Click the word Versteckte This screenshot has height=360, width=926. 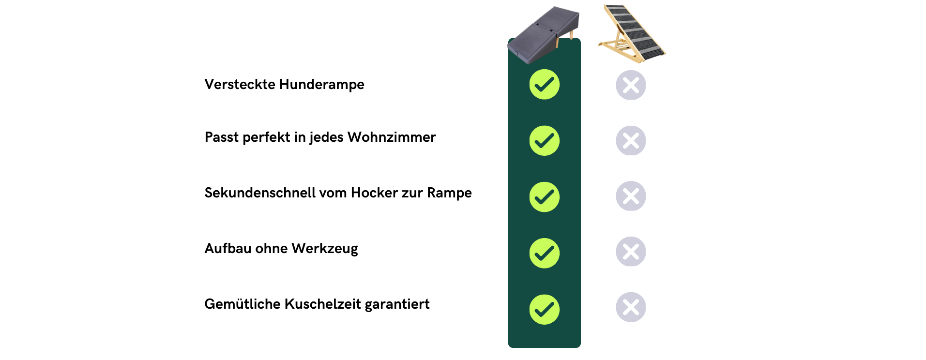tap(240, 84)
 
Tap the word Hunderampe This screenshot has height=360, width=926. tap(322, 85)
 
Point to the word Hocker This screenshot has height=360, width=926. tap(374, 193)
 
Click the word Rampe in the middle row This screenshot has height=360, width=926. tap(449, 193)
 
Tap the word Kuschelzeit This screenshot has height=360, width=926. tap(323, 304)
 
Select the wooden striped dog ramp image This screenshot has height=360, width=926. tap(632, 33)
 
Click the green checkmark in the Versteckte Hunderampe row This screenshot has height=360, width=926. tap(544, 85)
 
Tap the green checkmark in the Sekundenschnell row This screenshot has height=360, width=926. tap(544, 197)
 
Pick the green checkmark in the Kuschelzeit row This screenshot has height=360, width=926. tap(544, 309)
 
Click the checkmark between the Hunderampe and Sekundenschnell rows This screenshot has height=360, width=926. tap(544, 141)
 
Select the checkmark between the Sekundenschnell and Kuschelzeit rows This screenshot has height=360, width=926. tap(544, 253)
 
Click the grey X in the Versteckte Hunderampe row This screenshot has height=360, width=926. tap(631, 85)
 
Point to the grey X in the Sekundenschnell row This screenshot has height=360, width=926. tap(631, 196)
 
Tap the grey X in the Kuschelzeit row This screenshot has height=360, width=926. tap(631, 307)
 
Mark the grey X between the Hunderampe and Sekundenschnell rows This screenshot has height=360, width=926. tap(631, 140)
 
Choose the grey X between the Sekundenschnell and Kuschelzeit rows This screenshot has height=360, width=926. tap(631, 251)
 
